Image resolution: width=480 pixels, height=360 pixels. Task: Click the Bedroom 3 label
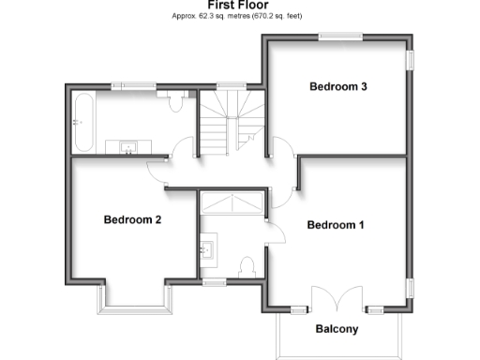coord(337,87)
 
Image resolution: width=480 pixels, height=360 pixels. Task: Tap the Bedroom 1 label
coord(335,225)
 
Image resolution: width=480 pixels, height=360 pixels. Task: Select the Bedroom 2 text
coord(132,220)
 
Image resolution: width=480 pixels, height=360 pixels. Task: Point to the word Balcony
coord(337,329)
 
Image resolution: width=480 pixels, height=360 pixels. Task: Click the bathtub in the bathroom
coord(81,123)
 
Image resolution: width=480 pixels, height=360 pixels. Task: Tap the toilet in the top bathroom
coord(175,101)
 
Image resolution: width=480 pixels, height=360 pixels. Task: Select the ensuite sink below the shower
coord(208,249)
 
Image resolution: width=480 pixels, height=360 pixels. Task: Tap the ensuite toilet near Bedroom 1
coord(247,267)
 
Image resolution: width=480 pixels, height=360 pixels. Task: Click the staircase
coord(229,119)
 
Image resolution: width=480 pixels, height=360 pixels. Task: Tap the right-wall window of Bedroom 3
coord(409,59)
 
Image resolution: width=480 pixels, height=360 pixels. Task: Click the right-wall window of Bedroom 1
coord(409,287)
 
